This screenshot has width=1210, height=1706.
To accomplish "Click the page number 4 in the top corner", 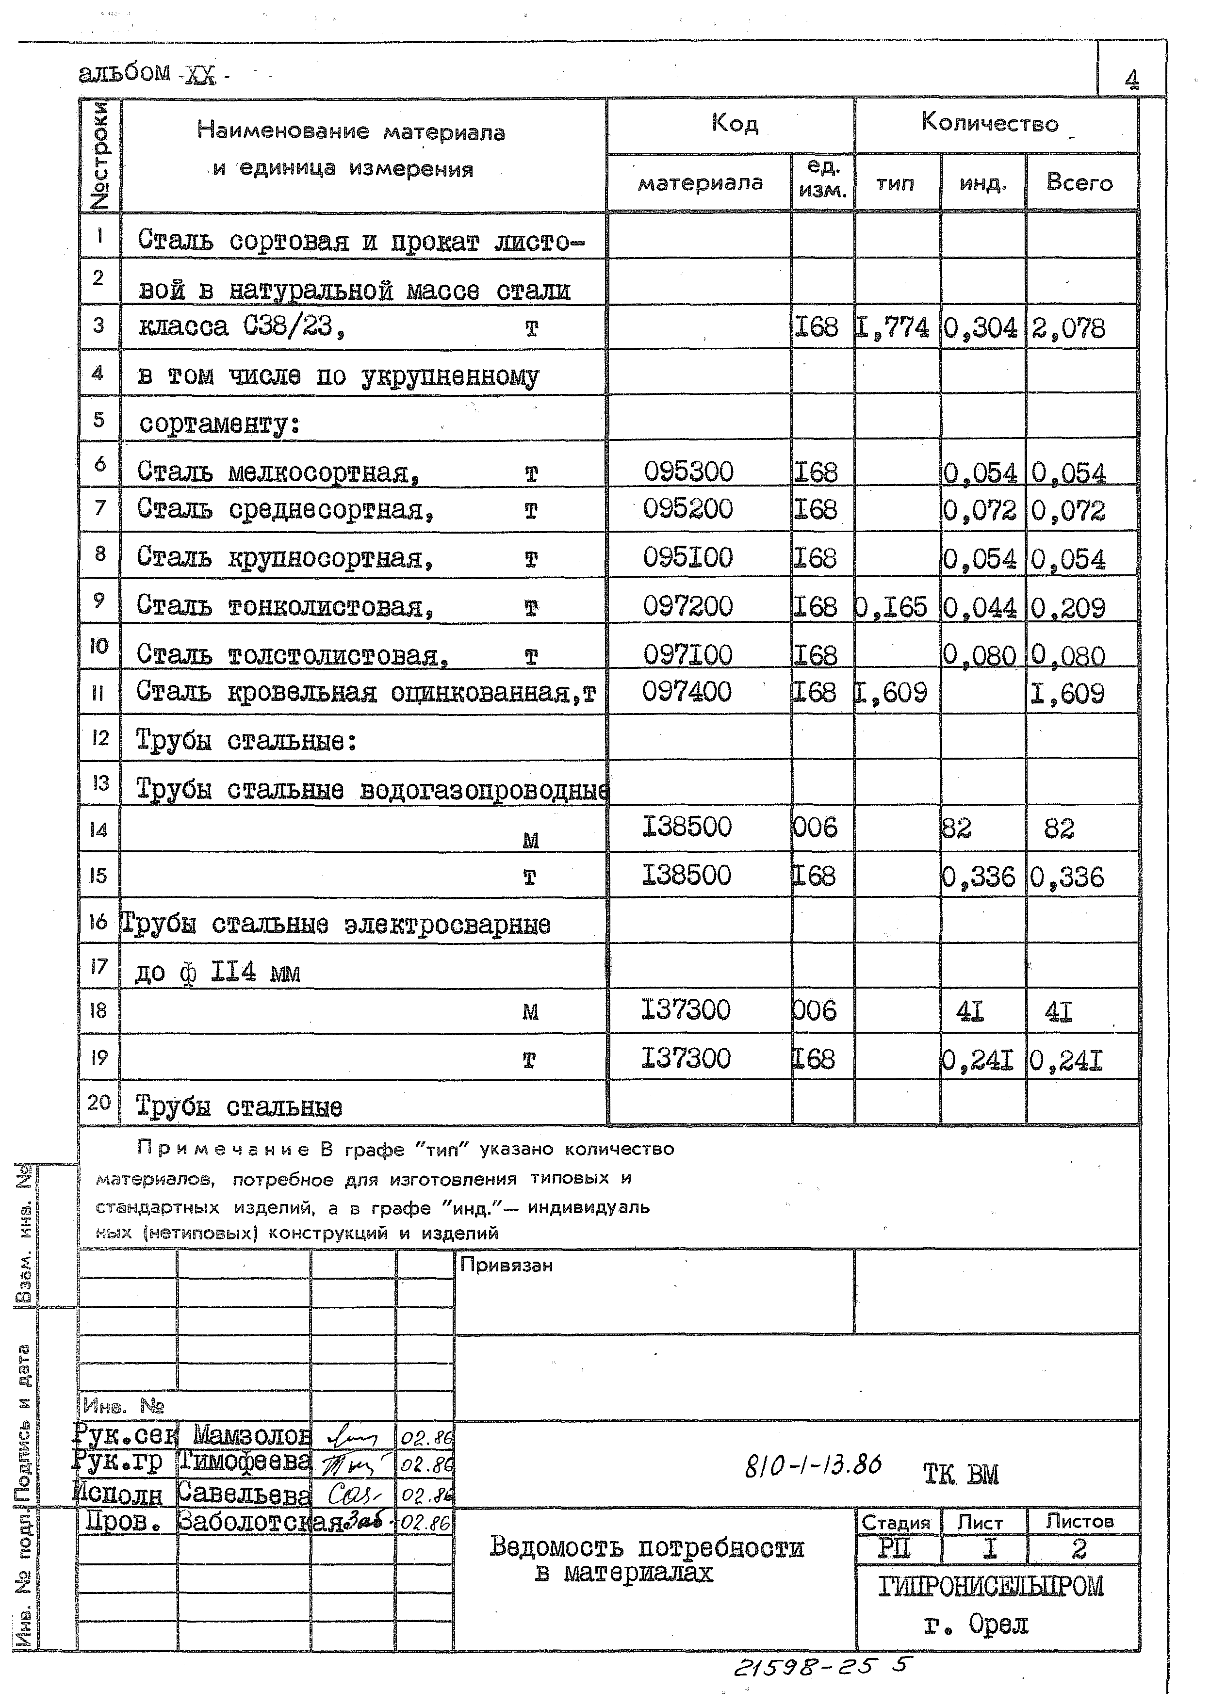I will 1131,79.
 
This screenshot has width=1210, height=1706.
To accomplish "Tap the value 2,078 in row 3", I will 1068,328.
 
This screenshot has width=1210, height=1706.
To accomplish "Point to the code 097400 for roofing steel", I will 687,692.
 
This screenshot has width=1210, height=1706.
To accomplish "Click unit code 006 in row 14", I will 815,828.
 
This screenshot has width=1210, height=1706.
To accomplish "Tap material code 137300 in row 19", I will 686,1058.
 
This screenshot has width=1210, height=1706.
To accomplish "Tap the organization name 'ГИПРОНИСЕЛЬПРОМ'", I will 990,1586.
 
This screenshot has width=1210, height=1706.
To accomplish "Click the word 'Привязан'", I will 506,1265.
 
